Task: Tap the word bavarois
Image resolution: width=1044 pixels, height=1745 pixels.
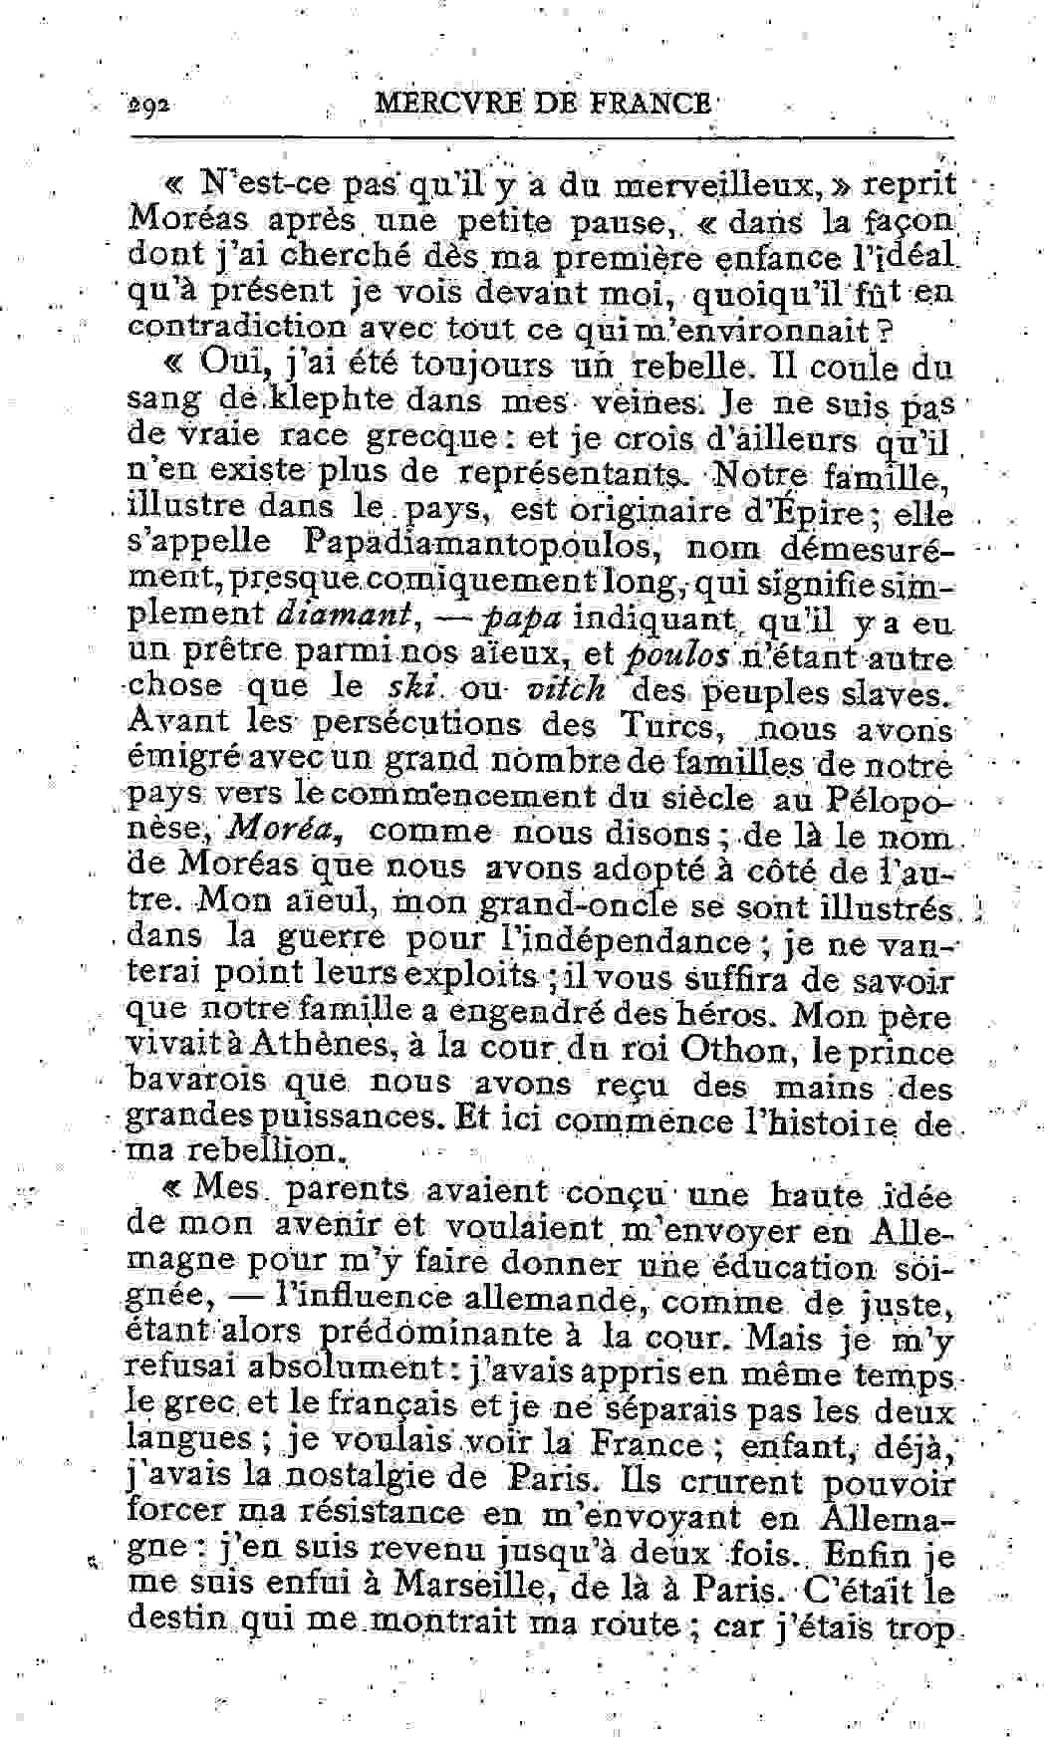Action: coord(194,1084)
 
